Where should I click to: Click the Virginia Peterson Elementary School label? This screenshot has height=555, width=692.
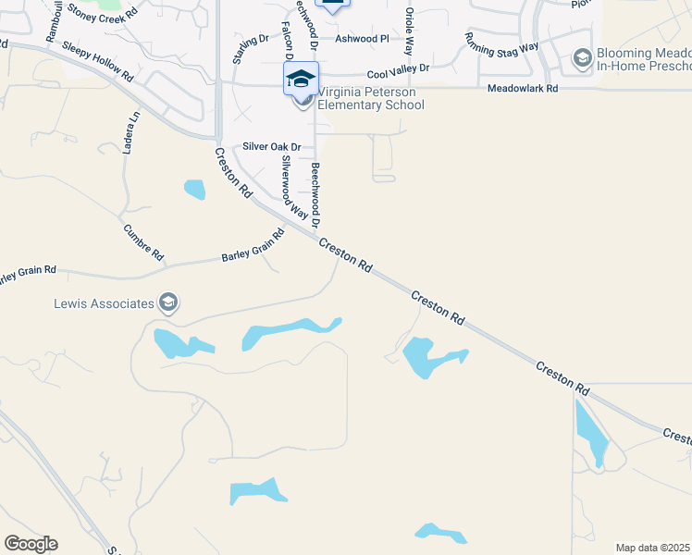[370, 98]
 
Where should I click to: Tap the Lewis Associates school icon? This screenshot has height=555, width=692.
[168, 302]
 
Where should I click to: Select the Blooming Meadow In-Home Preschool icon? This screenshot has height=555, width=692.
[582, 59]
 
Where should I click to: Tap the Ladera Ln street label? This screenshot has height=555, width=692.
[132, 132]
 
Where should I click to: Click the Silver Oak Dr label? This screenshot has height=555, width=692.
[272, 147]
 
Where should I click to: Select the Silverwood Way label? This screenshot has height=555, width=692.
[294, 185]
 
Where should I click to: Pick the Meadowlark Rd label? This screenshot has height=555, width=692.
[523, 89]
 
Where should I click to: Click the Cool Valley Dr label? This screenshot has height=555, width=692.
[398, 69]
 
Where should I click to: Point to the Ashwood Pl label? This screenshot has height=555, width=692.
[362, 39]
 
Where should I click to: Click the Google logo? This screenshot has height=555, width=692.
[31, 544]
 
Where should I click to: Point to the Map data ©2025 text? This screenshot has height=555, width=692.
[652, 548]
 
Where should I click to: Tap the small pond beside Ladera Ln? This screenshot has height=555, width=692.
[194, 190]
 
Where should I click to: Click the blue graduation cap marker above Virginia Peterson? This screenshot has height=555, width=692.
[302, 79]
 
